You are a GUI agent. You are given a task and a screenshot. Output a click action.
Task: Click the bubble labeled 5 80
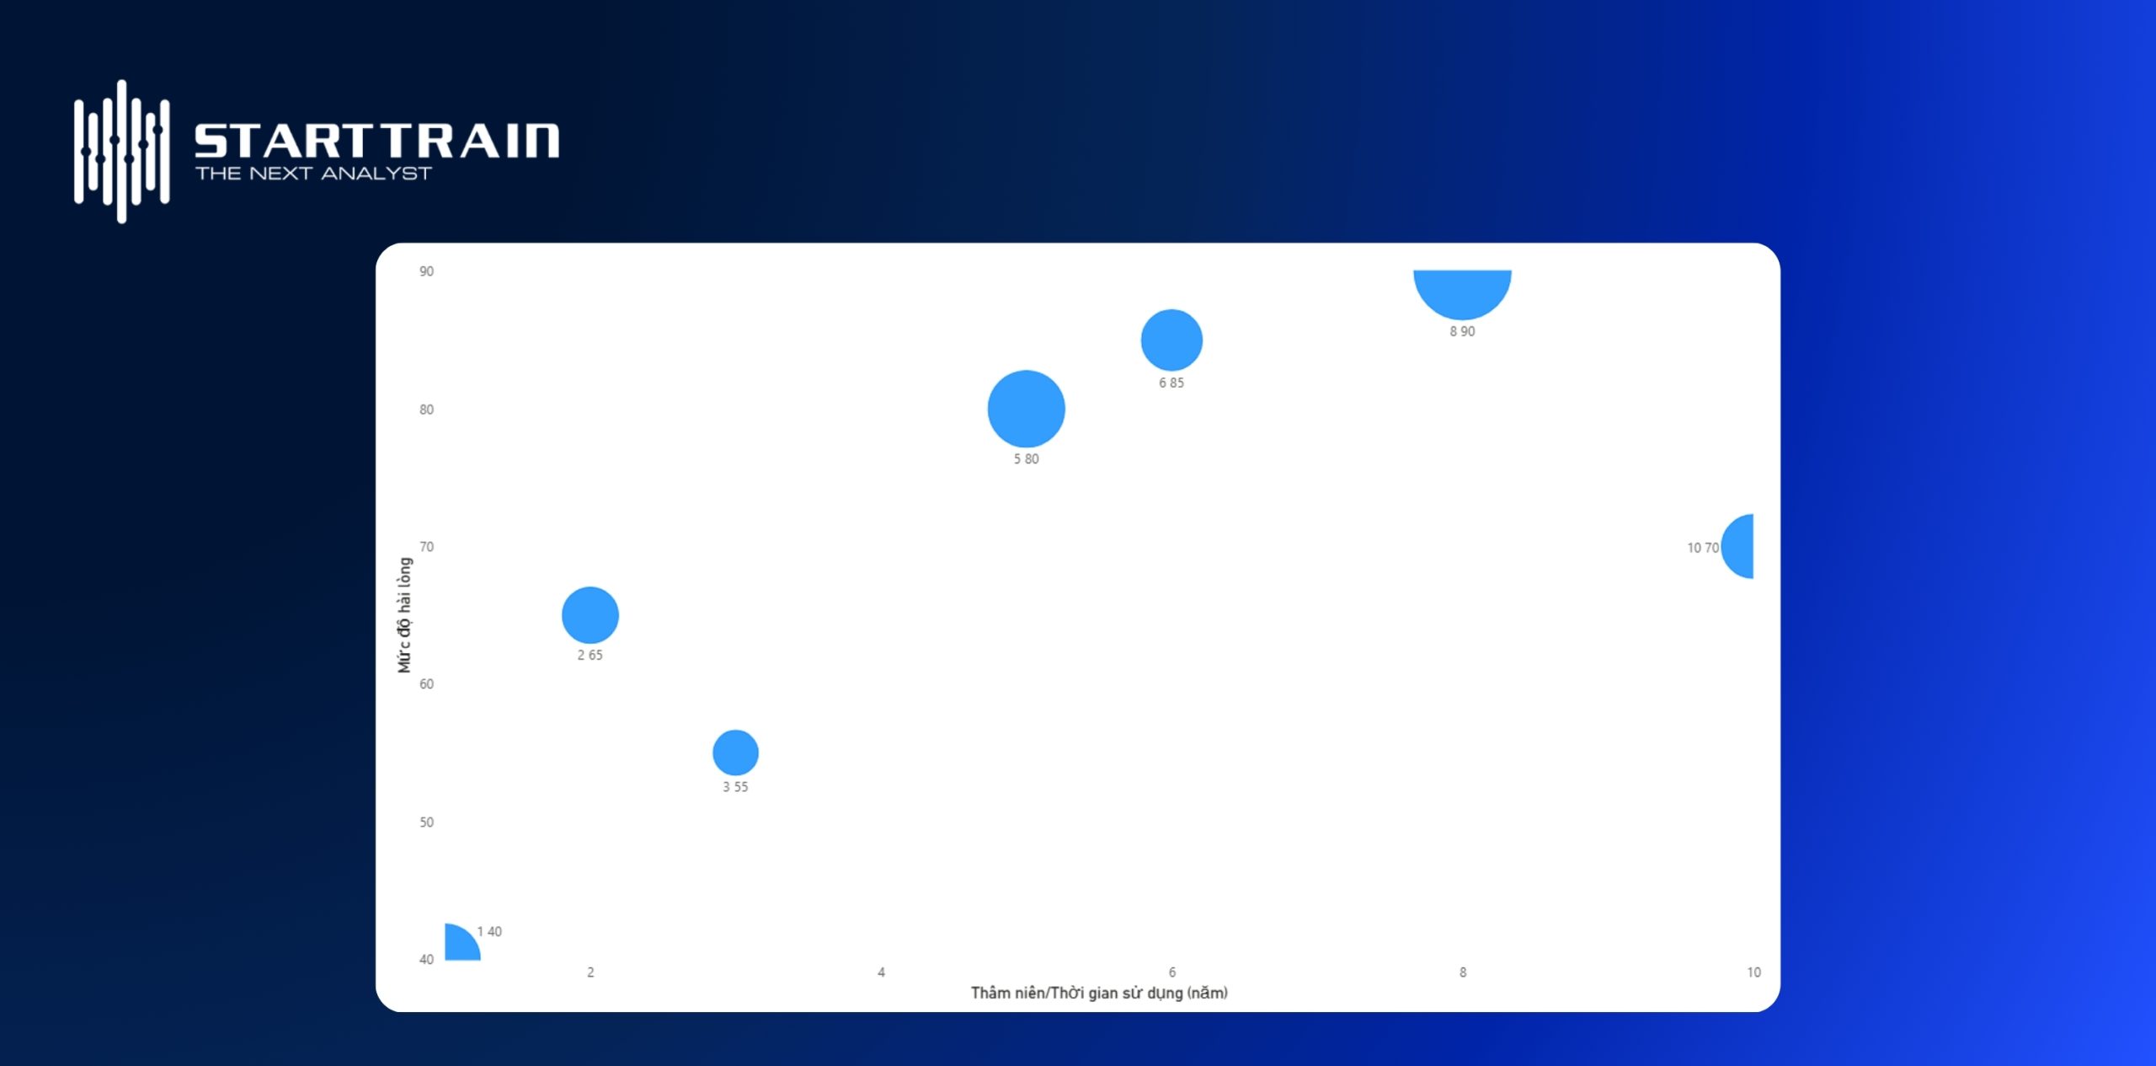(1026, 409)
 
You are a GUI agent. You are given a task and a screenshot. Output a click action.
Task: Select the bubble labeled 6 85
(1171, 340)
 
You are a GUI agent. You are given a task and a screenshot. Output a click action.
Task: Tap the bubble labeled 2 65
(590, 615)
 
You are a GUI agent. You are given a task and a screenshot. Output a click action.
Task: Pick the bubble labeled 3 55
(735, 753)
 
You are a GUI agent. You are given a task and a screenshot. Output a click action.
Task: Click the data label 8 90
(1462, 331)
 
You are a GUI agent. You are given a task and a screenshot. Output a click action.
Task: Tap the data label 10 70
(1703, 548)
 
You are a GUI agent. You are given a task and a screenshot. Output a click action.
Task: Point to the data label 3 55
(735, 786)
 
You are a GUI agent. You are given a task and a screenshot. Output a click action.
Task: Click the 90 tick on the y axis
(427, 271)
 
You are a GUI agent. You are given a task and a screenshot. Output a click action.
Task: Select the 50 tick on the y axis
(427, 822)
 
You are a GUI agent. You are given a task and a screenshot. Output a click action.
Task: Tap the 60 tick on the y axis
(427, 684)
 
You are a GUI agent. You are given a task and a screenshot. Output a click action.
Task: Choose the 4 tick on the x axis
(881, 972)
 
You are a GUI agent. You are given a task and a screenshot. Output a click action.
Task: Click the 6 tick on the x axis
(1171, 972)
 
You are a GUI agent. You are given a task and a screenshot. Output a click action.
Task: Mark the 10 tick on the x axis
(1753, 972)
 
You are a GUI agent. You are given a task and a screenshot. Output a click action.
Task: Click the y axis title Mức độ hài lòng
(405, 615)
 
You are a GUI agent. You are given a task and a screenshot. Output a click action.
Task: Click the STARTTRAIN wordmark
(377, 141)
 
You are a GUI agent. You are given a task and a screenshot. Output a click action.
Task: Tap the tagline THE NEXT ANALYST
(313, 174)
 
